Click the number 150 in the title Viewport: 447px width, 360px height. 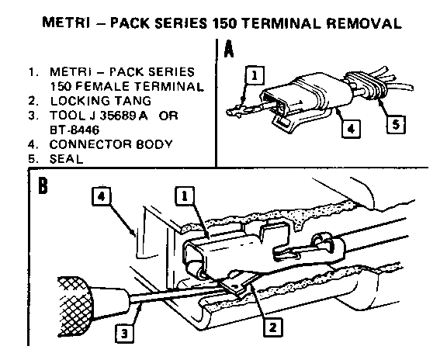click(x=224, y=23)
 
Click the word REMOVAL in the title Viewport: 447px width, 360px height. click(x=364, y=23)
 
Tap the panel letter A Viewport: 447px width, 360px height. click(x=229, y=49)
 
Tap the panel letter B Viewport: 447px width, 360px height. click(x=43, y=185)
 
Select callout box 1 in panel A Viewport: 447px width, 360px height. click(x=255, y=75)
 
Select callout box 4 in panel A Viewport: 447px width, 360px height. click(x=351, y=129)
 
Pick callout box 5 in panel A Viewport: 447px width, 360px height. click(x=396, y=124)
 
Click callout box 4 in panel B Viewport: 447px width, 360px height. click(x=102, y=196)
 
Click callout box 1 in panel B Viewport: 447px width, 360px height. click(x=185, y=196)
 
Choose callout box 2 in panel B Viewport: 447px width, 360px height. click(x=273, y=327)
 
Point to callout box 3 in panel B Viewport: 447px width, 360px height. click(x=125, y=333)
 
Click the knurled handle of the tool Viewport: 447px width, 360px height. click(x=75, y=307)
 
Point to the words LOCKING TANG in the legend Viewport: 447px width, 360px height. click(x=101, y=101)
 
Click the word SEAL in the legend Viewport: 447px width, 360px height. click(x=66, y=159)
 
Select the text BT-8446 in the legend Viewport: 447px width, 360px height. click(x=74, y=130)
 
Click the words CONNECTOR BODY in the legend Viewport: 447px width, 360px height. click(x=111, y=144)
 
